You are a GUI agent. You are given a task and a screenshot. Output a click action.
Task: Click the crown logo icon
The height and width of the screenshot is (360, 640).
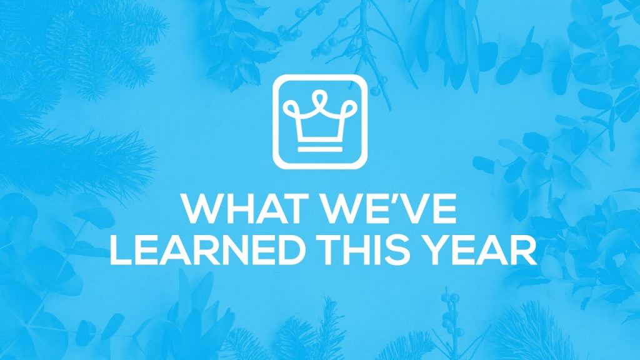[319, 121]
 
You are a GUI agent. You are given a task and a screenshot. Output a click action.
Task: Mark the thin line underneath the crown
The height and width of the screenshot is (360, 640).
[319, 150]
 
